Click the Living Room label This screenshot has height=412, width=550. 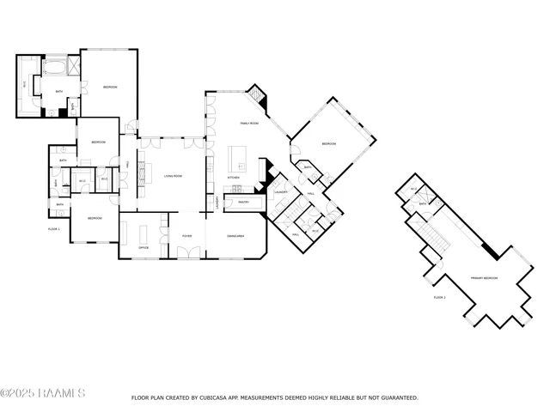[174, 175]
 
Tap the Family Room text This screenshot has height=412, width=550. [248, 124]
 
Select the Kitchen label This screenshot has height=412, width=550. [233, 178]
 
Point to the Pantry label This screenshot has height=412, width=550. [243, 203]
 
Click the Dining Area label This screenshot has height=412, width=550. [236, 234]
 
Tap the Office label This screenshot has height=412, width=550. [144, 247]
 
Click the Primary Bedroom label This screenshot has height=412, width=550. [484, 278]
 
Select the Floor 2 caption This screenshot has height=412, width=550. [439, 297]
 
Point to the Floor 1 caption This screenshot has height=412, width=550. [53, 229]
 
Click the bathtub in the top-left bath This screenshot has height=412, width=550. [53, 65]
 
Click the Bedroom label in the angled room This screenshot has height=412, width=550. [329, 143]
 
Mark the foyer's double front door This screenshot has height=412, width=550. [187, 252]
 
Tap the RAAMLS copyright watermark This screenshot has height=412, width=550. [43, 393]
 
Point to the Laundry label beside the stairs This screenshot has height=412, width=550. [281, 191]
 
